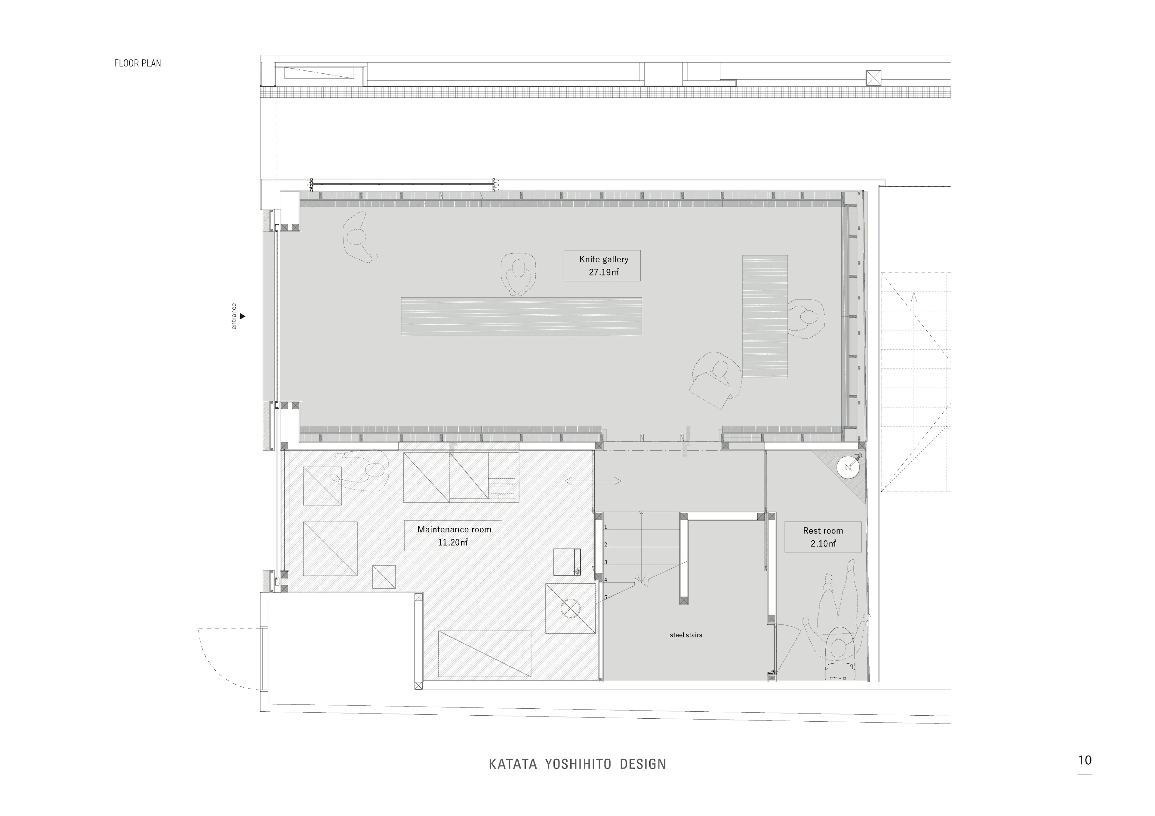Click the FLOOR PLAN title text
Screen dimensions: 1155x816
point(137,63)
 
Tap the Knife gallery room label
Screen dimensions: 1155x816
point(602,265)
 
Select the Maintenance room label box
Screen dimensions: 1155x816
point(453,536)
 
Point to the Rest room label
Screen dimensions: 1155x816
point(823,537)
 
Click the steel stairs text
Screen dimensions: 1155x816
point(686,635)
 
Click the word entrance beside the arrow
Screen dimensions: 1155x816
point(233,316)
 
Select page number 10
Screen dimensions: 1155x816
point(1085,760)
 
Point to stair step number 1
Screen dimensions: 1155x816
point(606,527)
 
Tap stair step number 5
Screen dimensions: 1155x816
point(606,597)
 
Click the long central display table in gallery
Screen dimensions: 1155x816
point(521,316)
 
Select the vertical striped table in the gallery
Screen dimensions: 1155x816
point(765,316)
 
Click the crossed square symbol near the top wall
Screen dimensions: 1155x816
point(873,78)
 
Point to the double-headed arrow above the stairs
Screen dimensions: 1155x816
point(593,481)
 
